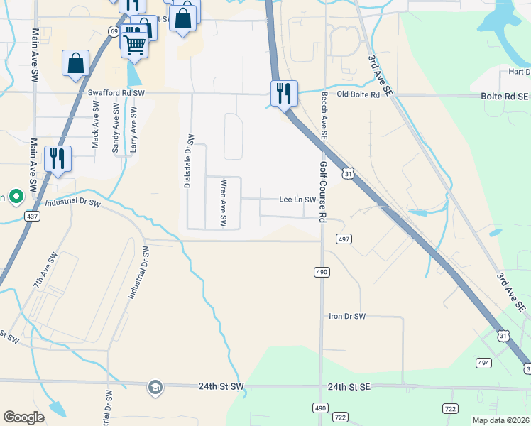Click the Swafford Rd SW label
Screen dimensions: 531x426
[x=116, y=92]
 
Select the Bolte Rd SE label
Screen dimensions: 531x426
[x=505, y=95]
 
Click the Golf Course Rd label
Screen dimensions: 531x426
[x=323, y=191]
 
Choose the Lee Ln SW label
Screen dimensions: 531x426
[x=297, y=200]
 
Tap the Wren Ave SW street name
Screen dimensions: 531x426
[x=223, y=203]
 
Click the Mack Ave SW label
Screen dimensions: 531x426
[x=95, y=124]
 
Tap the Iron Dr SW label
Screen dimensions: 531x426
[x=346, y=316]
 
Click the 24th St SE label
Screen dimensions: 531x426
[x=349, y=387]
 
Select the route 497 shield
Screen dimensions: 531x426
[x=344, y=239]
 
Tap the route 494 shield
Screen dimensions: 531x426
[x=483, y=363]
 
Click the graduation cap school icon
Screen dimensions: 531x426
[x=155, y=387]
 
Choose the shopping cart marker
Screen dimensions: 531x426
[x=134, y=44]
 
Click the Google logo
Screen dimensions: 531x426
[x=23, y=417]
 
